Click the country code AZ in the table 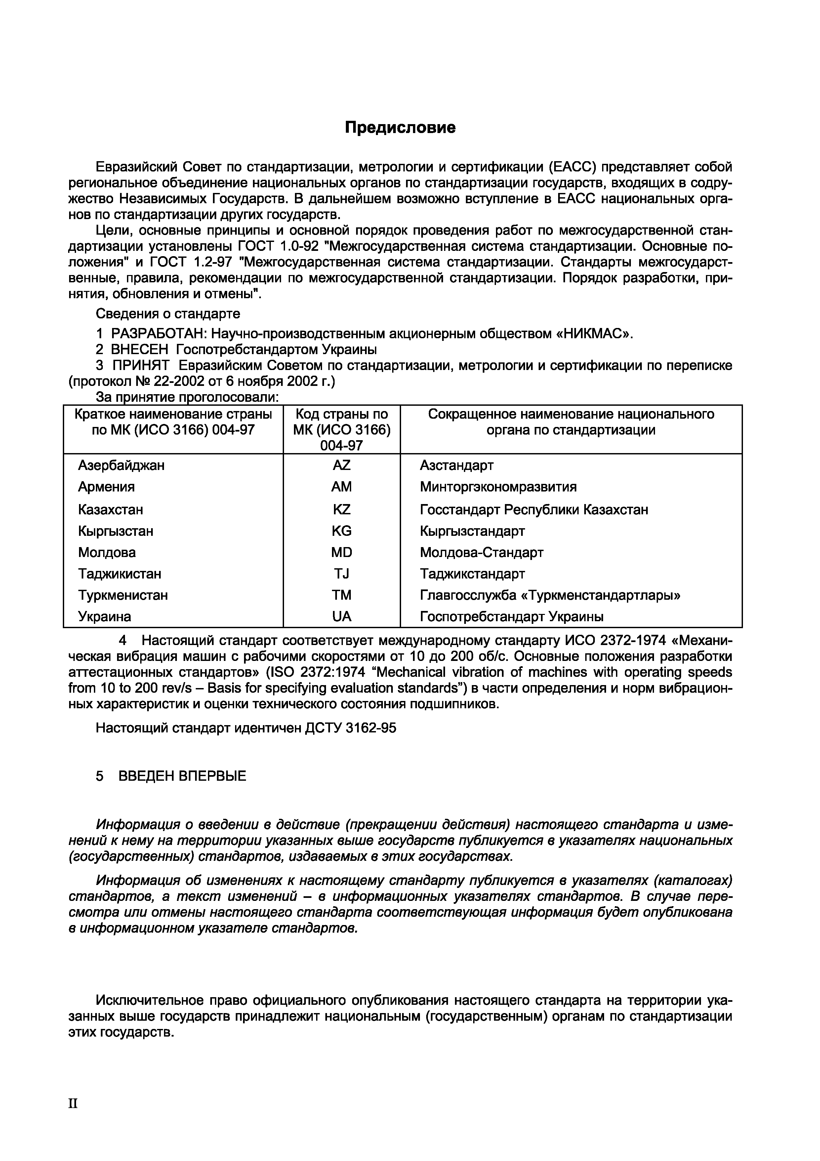coord(342,465)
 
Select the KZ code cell coord(342,509)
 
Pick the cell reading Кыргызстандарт coord(472,531)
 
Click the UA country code coord(342,616)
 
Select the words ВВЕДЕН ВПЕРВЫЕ coord(182,776)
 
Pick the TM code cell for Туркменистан coord(342,595)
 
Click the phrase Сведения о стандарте coord(168,314)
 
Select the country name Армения coord(106,487)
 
